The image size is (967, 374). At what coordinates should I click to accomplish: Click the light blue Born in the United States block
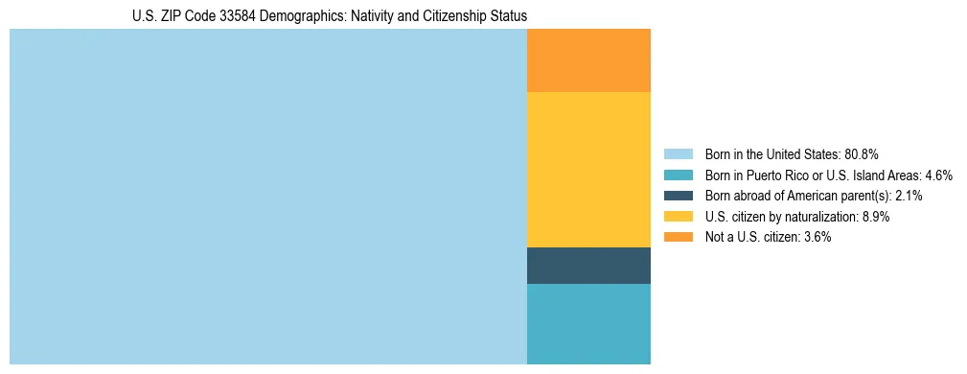(x=268, y=197)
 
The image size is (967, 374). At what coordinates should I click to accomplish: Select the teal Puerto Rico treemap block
(x=588, y=324)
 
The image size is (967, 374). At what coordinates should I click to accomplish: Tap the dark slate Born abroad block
(x=588, y=266)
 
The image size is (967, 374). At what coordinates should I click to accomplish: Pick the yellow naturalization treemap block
(x=588, y=170)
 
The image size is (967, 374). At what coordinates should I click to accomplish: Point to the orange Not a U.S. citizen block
(x=588, y=60)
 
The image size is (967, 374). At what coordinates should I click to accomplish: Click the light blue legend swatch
(x=678, y=154)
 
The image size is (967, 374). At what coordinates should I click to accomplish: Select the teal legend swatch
(x=678, y=175)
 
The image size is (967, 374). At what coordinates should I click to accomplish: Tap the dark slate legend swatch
(x=678, y=196)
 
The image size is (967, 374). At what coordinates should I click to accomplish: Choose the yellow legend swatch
(x=678, y=217)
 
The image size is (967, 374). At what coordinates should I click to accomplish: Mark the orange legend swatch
(x=678, y=238)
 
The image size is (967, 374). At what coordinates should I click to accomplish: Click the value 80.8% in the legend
(x=861, y=154)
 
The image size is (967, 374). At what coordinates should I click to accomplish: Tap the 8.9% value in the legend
(x=874, y=217)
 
